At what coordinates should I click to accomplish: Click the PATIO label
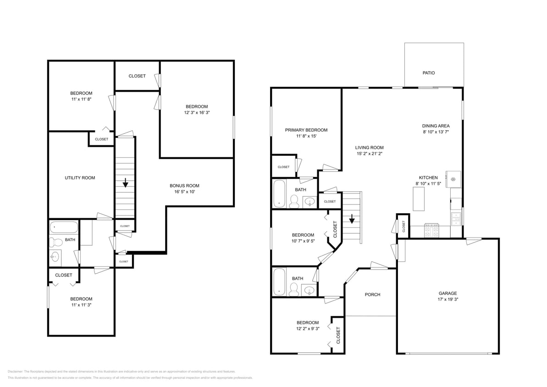tap(428, 73)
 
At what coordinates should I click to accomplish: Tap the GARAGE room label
tap(448, 293)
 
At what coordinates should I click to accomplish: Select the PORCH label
tap(372, 294)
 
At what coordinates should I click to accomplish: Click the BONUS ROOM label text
tap(184, 186)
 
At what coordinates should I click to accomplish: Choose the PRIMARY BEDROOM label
tap(306, 130)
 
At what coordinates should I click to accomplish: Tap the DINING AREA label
tap(436, 126)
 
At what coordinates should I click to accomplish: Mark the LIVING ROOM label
tap(369, 148)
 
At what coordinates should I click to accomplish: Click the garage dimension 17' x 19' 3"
tap(448, 299)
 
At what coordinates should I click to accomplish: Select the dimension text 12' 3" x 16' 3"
tap(197, 112)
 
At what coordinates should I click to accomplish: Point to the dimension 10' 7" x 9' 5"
tap(303, 241)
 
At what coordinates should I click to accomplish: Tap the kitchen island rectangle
tap(419, 199)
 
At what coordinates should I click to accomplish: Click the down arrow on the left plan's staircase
tap(125, 184)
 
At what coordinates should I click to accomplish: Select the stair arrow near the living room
tap(352, 220)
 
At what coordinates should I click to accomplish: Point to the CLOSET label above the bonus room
tap(137, 76)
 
